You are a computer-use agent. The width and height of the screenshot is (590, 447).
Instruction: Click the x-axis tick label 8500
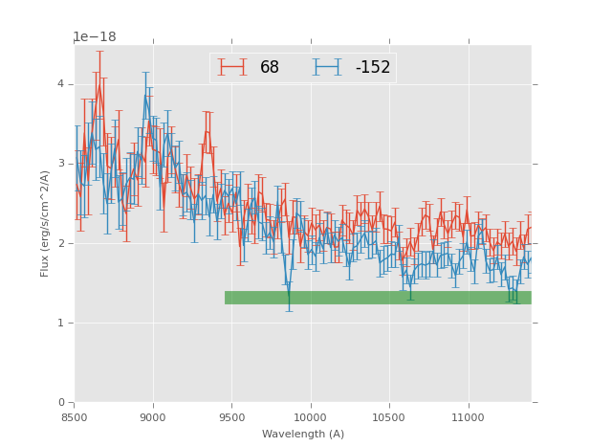(75, 417)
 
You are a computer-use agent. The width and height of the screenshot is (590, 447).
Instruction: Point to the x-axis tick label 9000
(153, 417)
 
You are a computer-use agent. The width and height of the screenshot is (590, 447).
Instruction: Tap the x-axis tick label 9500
(231, 417)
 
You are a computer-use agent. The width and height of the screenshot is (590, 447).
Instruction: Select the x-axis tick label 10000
(310, 417)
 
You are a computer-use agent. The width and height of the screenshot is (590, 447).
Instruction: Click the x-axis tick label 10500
(389, 417)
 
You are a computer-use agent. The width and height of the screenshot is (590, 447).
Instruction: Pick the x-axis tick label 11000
(468, 417)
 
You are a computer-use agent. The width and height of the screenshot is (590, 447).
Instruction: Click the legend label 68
(270, 68)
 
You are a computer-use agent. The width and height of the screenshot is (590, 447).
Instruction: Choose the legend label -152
(373, 68)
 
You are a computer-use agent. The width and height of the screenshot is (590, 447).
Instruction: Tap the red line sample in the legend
(232, 67)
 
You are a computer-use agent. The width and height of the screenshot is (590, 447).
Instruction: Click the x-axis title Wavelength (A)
(303, 435)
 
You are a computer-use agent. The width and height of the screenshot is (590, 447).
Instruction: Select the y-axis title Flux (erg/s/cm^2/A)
(45, 223)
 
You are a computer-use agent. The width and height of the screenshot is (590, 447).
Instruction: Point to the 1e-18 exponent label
(95, 37)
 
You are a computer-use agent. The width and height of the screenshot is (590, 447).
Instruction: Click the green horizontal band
(378, 298)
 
